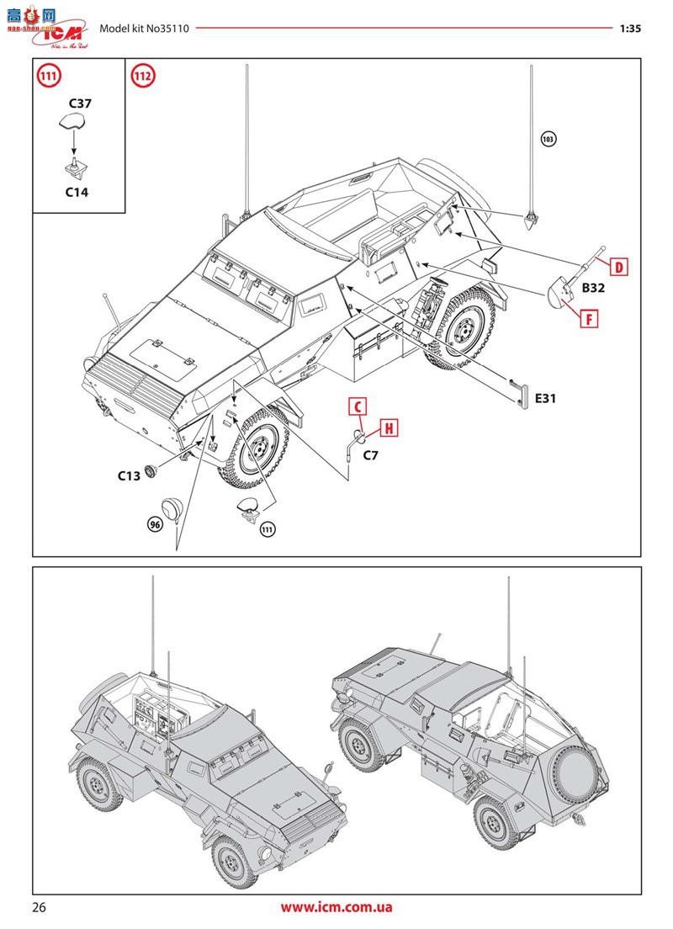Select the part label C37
tap(79, 104)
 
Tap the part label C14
tap(77, 191)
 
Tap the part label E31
tap(546, 397)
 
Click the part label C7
tap(371, 455)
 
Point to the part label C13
tap(129, 475)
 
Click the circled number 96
tap(154, 524)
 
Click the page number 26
tap(40, 907)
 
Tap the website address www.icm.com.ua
tap(336, 907)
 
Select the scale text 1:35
tap(630, 28)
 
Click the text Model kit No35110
tap(144, 28)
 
